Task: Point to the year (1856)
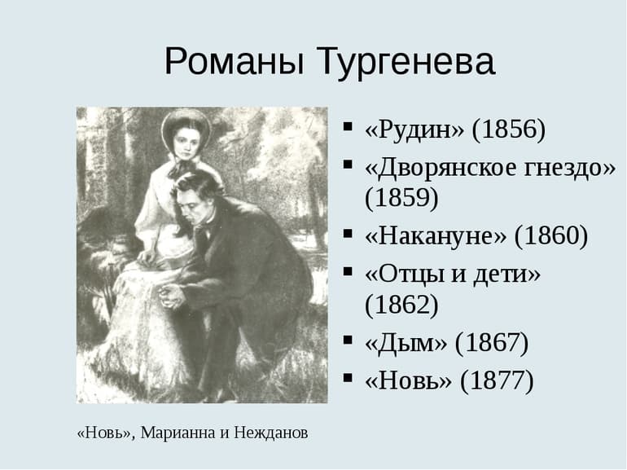click(509, 130)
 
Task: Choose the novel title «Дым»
click(406, 343)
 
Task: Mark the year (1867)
click(492, 343)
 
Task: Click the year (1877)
click(497, 380)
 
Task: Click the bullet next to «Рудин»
click(348, 128)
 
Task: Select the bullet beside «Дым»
click(348, 341)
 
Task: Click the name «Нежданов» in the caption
click(270, 433)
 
